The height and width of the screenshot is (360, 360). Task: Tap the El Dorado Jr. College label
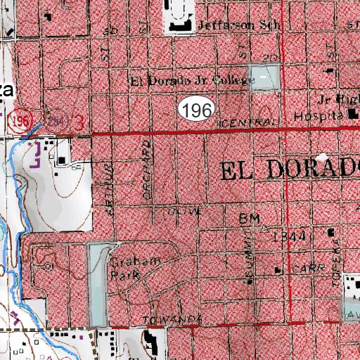(x=191, y=79)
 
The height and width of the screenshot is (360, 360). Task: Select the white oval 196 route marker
(x=196, y=109)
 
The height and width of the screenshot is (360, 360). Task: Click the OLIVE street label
(x=185, y=211)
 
